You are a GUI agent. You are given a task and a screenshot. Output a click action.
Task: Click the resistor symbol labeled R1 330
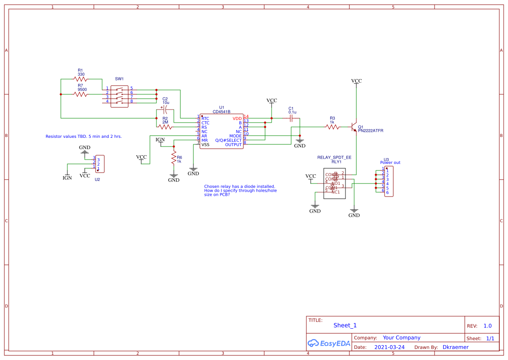pyautogui.click(x=80, y=80)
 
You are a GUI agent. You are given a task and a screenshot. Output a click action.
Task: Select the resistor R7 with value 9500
pyautogui.click(x=81, y=94)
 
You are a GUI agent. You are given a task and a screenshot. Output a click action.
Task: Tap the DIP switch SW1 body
pyautogui.click(x=120, y=96)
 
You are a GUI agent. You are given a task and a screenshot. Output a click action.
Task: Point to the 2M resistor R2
pyautogui.click(x=165, y=127)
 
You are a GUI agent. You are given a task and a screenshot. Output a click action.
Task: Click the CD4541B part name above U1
pyautogui.click(x=222, y=112)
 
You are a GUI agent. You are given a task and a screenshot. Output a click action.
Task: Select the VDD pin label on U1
pyautogui.click(x=237, y=118)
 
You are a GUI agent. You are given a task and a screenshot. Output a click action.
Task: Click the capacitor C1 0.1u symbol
pyautogui.click(x=291, y=118)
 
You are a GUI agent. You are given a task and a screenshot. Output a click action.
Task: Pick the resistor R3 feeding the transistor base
pyautogui.click(x=332, y=127)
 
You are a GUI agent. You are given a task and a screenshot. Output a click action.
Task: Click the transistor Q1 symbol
pyautogui.click(x=354, y=127)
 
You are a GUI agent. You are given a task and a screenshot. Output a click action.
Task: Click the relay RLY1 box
pyautogui.click(x=334, y=183)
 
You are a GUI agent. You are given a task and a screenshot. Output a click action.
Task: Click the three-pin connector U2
pyautogui.click(x=100, y=164)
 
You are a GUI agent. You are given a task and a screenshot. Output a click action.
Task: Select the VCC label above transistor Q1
pyautogui.click(x=356, y=81)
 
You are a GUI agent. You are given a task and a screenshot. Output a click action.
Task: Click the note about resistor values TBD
pyautogui.click(x=83, y=137)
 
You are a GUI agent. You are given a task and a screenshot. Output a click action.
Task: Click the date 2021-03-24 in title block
pyautogui.click(x=389, y=347)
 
